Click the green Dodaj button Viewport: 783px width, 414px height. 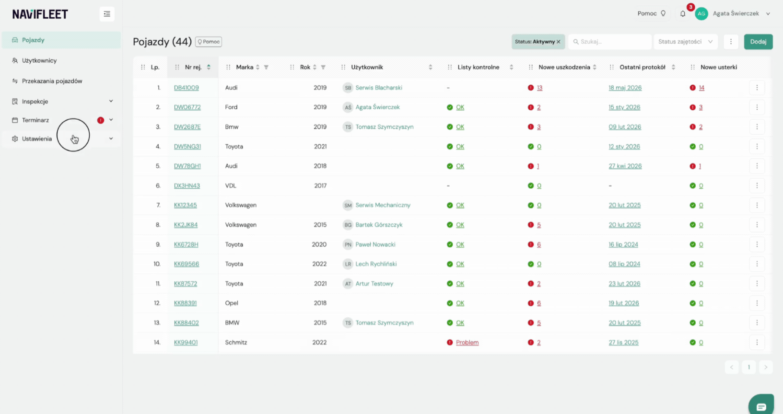pos(758,42)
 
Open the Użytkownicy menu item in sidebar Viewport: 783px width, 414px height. pos(39,60)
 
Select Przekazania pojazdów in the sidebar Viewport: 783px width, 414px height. pos(52,81)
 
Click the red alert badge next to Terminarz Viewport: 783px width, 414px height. pos(101,120)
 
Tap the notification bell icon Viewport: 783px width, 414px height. pos(683,13)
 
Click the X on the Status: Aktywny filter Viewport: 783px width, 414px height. pos(559,42)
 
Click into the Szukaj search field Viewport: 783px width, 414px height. pos(610,42)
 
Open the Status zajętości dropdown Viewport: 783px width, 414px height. pos(686,42)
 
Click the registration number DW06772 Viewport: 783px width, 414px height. pos(187,107)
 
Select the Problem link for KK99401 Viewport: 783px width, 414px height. pos(467,343)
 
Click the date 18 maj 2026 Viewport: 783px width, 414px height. pos(625,88)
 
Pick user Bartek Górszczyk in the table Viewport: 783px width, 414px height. pos(379,225)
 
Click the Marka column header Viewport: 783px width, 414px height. pos(245,67)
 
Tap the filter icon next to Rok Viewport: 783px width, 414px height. pos(323,67)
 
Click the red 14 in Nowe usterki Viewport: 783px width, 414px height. pos(701,88)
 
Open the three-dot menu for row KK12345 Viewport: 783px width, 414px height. pos(757,205)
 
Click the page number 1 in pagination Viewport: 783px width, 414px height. pos(749,367)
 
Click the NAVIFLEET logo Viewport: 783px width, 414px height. pos(40,14)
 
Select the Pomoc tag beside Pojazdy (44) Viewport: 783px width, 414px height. pos(209,42)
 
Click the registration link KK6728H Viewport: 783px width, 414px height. pos(186,244)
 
